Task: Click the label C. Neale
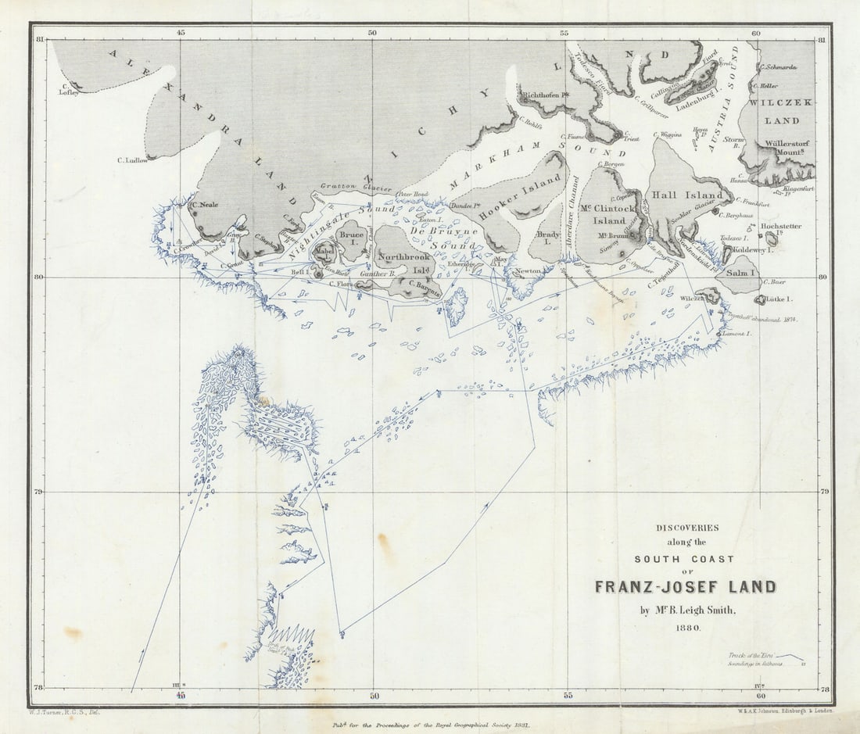[x=204, y=206]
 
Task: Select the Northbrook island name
[x=403, y=256]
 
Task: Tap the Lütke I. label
[x=779, y=299]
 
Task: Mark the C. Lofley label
[x=70, y=92]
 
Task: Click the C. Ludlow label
[x=132, y=160]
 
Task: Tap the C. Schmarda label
[x=779, y=67]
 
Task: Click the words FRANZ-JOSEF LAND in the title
[x=686, y=586]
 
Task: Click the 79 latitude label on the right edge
[x=824, y=492]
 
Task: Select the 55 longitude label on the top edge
[x=564, y=33]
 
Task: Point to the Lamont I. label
[x=736, y=334]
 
